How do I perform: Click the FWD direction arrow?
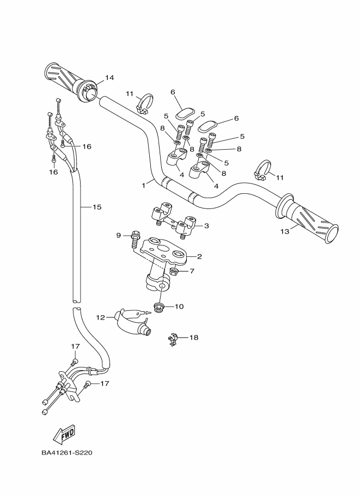[x=64, y=434]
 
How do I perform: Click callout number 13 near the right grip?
[x=284, y=231]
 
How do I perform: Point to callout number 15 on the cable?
[x=97, y=207]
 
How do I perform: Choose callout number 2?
[x=199, y=256]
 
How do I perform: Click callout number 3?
[x=206, y=225]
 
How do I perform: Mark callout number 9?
[x=118, y=235]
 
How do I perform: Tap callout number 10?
[x=179, y=306]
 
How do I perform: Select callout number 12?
[x=100, y=317]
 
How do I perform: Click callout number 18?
[x=193, y=338]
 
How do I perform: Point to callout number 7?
[x=192, y=271]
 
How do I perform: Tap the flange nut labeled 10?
[x=161, y=308]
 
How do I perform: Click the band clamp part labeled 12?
[x=131, y=323]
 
